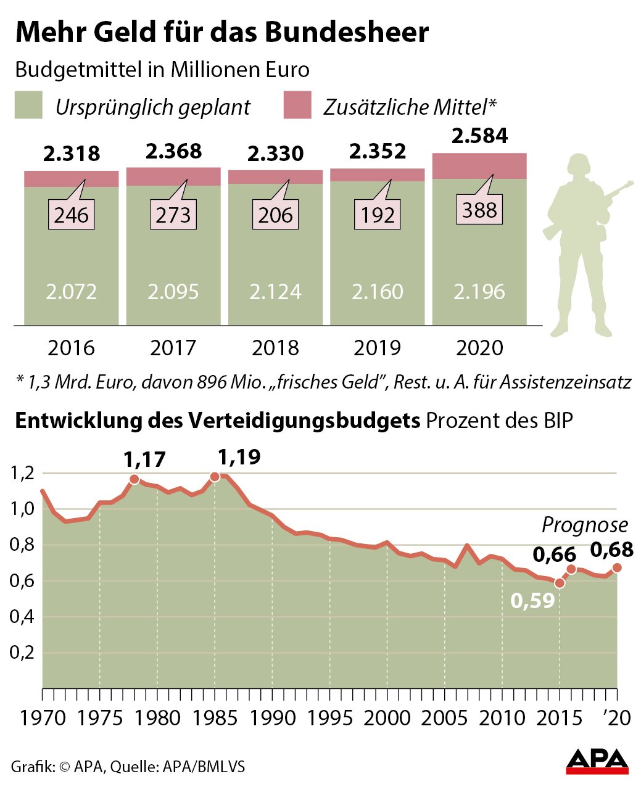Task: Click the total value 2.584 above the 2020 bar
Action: [x=479, y=136]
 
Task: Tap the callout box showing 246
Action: [x=72, y=215]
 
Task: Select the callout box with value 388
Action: [x=479, y=210]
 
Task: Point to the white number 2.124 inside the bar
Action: [x=275, y=291]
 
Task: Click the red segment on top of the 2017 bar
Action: [x=173, y=176]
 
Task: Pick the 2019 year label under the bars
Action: [x=377, y=348]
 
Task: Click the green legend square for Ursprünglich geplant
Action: [x=28, y=105]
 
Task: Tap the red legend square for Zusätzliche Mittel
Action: [x=297, y=105]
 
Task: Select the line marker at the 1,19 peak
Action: [x=215, y=476]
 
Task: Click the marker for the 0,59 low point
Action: [x=560, y=583]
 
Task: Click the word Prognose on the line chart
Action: [x=584, y=525]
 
